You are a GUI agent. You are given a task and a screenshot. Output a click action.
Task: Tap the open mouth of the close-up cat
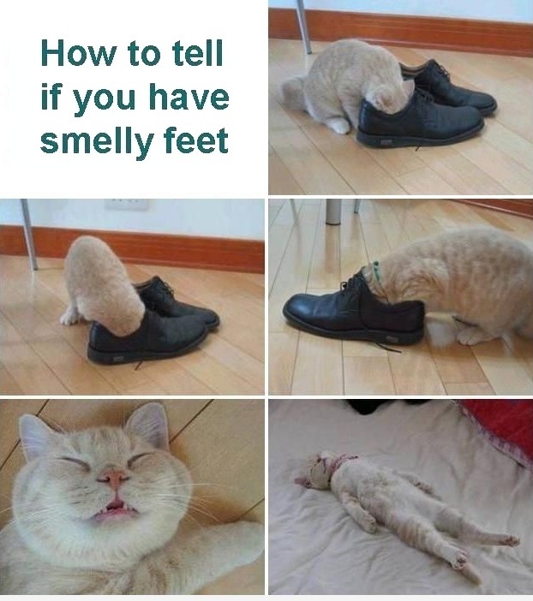click(x=113, y=509)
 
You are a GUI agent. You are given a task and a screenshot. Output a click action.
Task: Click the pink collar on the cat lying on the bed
click(x=342, y=462)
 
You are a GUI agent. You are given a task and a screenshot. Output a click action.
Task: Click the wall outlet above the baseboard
click(x=127, y=204)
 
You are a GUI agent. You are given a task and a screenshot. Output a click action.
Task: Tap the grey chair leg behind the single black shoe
click(x=333, y=211)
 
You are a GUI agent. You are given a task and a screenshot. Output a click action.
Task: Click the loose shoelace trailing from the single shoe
click(x=386, y=346)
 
